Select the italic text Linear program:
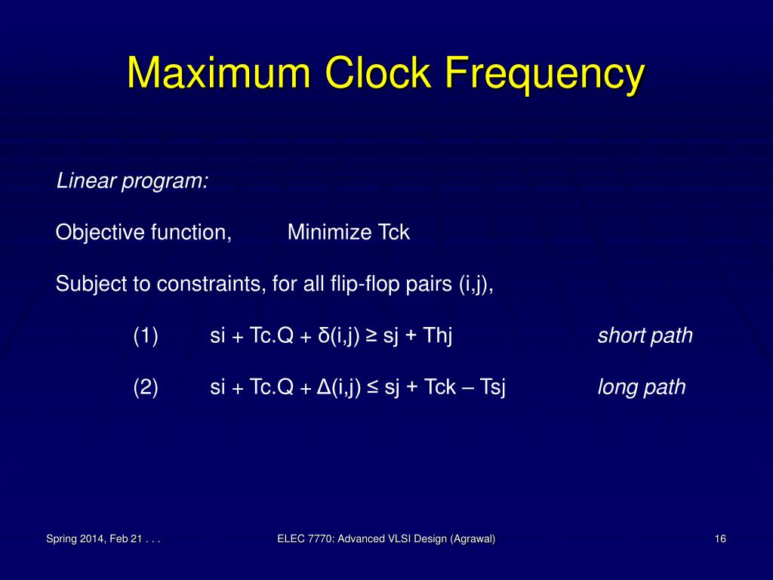click(132, 182)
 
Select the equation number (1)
click(146, 336)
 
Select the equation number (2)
click(146, 388)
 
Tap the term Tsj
click(491, 388)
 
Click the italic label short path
click(645, 336)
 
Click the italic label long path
click(642, 388)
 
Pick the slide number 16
click(719, 538)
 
